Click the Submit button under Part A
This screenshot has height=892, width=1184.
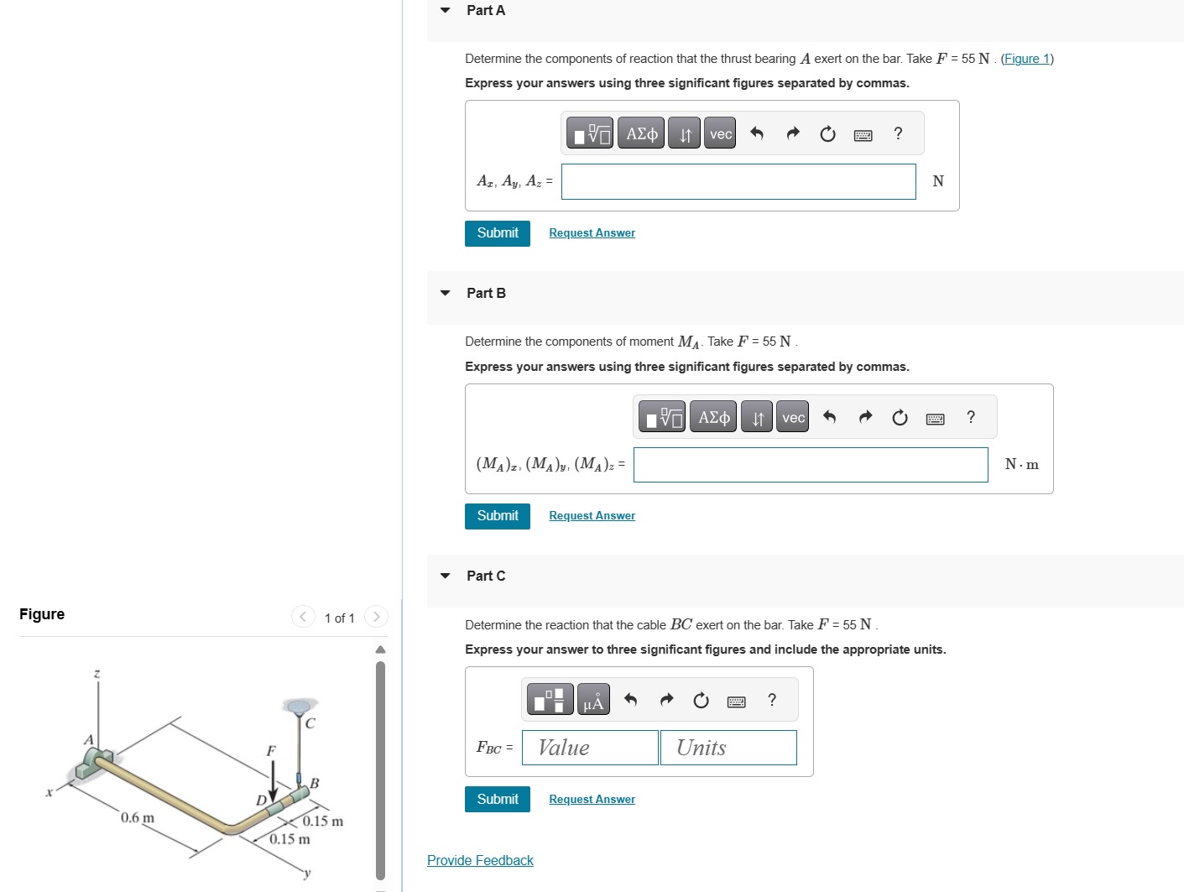click(497, 233)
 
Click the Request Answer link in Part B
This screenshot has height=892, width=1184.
click(592, 516)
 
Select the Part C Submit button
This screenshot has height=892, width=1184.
click(497, 800)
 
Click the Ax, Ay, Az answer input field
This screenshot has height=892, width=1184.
click(738, 181)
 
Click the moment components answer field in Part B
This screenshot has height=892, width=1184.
click(810, 465)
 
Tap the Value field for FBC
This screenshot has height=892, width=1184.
click(589, 748)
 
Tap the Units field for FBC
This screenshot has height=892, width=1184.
click(728, 748)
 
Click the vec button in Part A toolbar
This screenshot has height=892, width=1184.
click(720, 134)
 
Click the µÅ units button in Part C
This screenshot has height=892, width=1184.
click(592, 700)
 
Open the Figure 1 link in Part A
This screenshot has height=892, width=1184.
click(1027, 59)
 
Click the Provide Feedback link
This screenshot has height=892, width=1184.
click(480, 861)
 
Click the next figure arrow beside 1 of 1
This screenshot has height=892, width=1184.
click(376, 618)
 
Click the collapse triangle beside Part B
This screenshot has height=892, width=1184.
click(446, 294)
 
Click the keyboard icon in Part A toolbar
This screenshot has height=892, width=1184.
click(863, 135)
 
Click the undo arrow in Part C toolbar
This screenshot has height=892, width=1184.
click(631, 700)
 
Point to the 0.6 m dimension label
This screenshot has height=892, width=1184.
click(138, 818)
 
